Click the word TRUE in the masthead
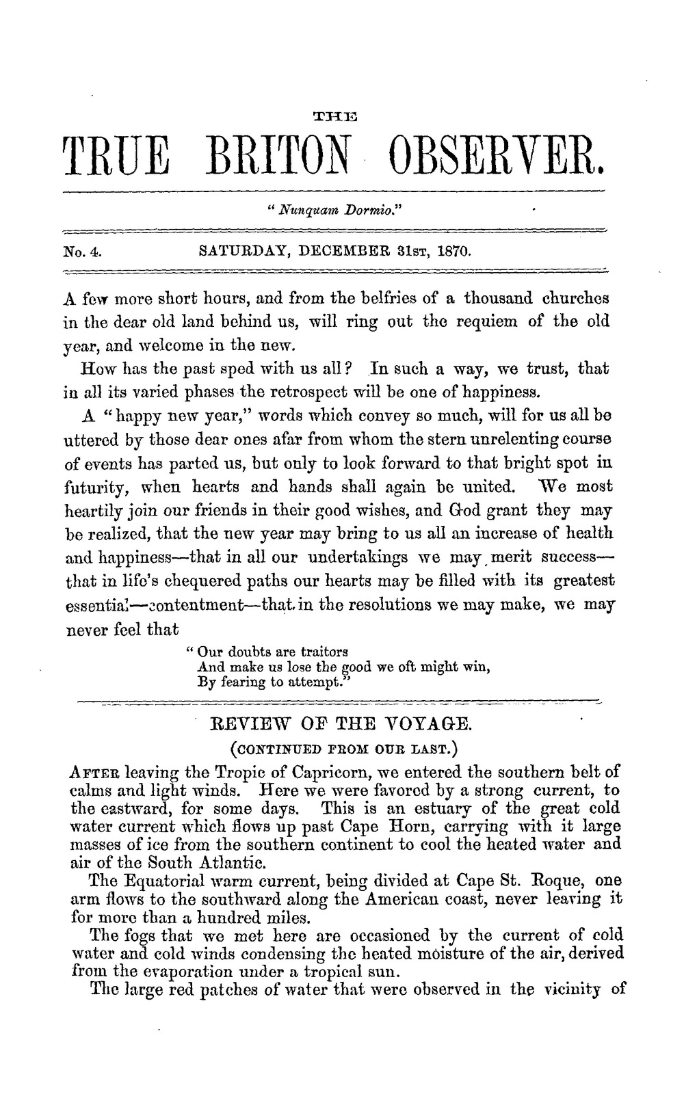115,159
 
